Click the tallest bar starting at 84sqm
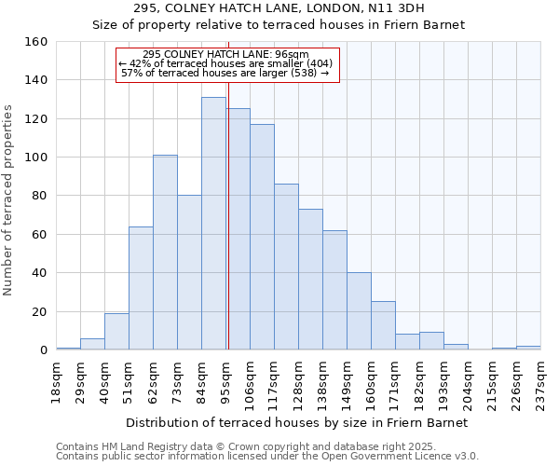[x=213, y=224]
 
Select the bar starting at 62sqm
[x=165, y=253]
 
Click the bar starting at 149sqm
[x=359, y=311]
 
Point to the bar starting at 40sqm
[x=116, y=332]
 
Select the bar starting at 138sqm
[x=334, y=290]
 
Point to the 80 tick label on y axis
[x=39, y=197]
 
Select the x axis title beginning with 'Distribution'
[x=298, y=423]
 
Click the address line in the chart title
[x=278, y=8]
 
